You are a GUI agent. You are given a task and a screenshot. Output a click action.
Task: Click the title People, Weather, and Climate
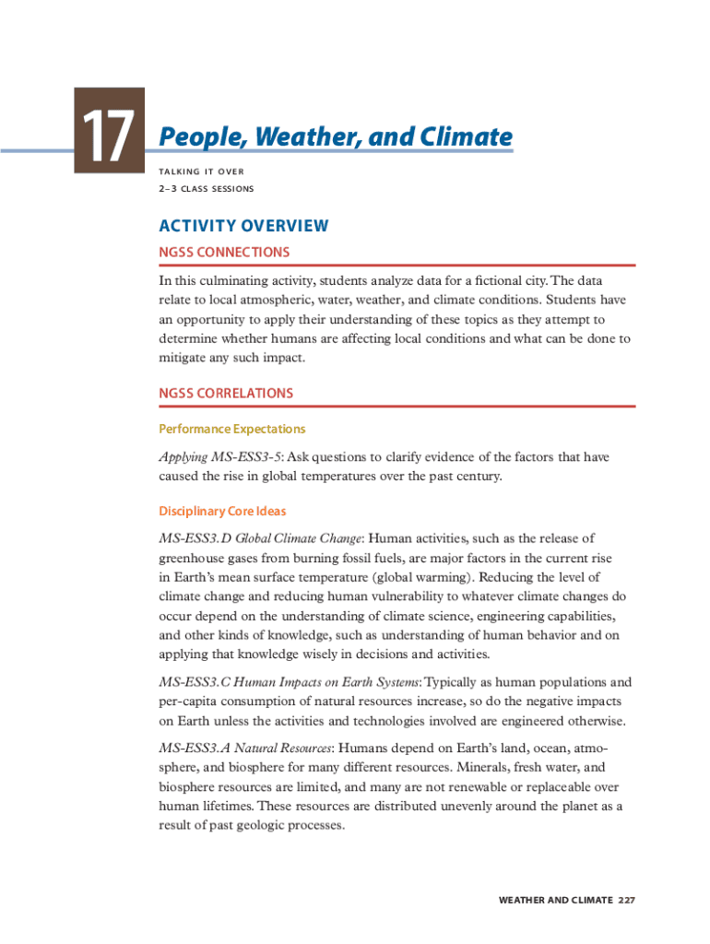[336, 137]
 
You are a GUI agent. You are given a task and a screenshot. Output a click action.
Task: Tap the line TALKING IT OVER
[201, 171]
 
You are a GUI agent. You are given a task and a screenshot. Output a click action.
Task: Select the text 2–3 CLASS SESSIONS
[207, 189]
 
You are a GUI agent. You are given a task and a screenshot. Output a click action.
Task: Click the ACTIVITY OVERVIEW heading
[243, 226]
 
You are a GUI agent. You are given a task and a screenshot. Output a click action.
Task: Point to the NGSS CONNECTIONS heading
[224, 252]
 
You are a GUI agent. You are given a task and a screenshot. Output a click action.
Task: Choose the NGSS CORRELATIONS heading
[226, 393]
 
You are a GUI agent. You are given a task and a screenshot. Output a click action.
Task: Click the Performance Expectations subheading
[231, 429]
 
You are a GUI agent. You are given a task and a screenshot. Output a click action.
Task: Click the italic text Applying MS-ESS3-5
[221, 457]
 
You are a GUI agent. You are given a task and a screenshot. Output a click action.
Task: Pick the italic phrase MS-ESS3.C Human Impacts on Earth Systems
[290, 683]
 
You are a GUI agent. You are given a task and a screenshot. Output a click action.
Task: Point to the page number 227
[627, 900]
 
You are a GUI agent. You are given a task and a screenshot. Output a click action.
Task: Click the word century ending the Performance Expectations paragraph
[478, 477]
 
